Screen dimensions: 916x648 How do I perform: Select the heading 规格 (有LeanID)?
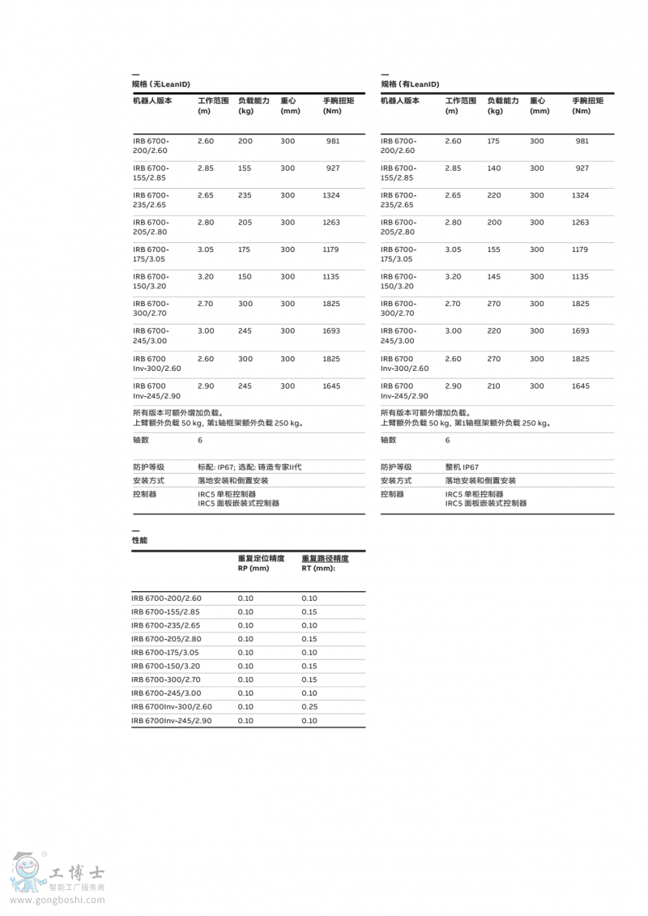tap(410, 84)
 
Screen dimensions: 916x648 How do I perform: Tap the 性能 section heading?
tap(139, 540)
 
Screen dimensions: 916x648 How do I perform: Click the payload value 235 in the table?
tap(245, 195)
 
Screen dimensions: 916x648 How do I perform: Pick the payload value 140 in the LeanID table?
tap(493, 168)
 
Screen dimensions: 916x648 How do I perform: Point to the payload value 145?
tap(493, 276)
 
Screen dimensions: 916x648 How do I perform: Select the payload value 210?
tap(493, 386)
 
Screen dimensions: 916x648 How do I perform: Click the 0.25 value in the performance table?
tap(309, 707)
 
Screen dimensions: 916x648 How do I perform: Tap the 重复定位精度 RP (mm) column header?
tap(261, 563)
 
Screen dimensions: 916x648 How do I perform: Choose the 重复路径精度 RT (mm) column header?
tap(325, 563)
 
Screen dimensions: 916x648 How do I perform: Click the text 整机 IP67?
tap(462, 467)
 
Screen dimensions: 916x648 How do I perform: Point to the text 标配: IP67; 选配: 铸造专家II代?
tap(249, 467)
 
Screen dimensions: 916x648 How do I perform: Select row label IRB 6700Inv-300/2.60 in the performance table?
tap(171, 707)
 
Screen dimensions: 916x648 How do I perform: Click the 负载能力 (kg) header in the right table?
tap(502, 105)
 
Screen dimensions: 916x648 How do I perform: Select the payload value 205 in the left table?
tap(245, 222)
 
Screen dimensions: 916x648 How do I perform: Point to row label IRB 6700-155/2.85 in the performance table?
tap(165, 612)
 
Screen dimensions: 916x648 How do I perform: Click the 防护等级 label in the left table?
tap(148, 467)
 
